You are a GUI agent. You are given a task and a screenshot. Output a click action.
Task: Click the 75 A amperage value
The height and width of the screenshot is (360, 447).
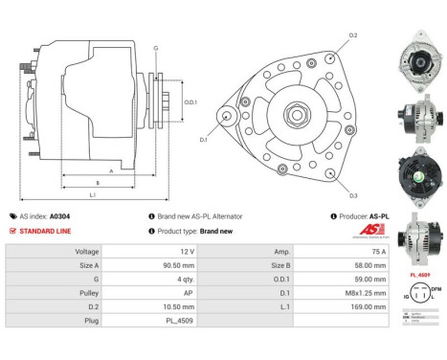pyautogui.click(x=353, y=253)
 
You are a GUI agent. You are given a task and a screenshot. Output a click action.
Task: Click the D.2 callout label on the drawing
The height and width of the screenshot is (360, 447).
pyautogui.click(x=353, y=35)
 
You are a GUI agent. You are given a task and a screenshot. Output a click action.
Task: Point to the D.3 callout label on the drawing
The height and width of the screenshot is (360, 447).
pyautogui.click(x=353, y=195)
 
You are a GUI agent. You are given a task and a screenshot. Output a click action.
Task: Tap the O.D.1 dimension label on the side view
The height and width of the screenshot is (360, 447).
pyautogui.click(x=190, y=103)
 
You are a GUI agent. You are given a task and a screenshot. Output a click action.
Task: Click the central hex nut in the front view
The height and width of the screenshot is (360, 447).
pyautogui.click(x=290, y=116)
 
